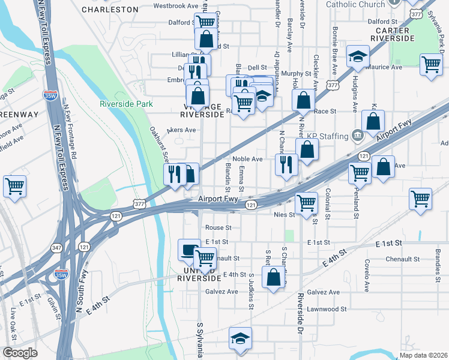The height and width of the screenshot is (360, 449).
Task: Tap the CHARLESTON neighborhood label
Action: coord(110,10)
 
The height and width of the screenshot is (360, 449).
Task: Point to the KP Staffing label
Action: coord(327,136)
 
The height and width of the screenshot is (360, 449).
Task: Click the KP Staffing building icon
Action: coord(358,136)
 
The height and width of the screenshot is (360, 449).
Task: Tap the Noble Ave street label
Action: coord(248,159)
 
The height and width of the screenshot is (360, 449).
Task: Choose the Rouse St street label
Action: coord(218,228)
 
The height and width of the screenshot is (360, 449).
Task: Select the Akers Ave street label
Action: coord(181,130)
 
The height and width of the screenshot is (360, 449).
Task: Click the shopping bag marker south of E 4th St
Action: coord(274,278)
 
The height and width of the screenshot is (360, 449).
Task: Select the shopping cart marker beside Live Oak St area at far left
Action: coord(14,185)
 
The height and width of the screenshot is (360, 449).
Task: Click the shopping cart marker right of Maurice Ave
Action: coord(431,65)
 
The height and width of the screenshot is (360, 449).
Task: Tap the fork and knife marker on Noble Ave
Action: coord(286,163)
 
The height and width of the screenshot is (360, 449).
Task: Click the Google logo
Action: coord(20,353)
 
